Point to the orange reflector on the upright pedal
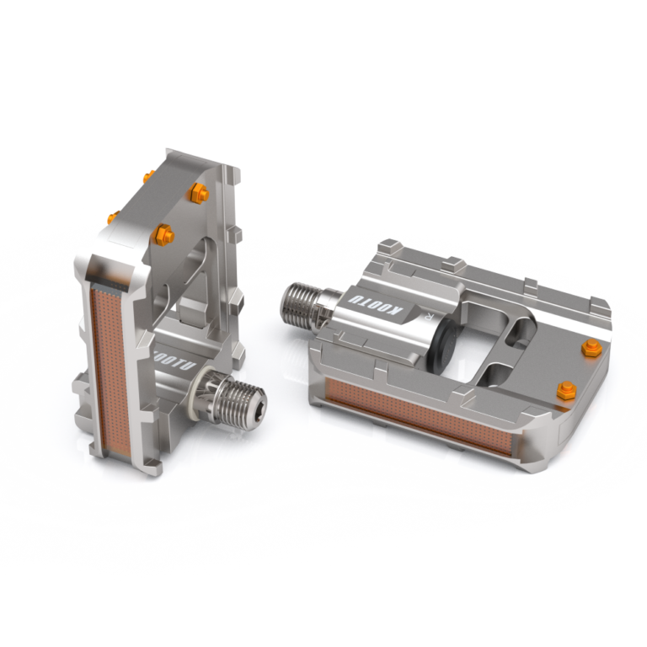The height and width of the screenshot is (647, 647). click(x=107, y=362)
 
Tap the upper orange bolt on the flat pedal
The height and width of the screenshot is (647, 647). click(x=591, y=346)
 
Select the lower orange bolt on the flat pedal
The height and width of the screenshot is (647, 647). click(x=567, y=389)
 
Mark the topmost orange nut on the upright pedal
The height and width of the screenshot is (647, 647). click(x=200, y=192)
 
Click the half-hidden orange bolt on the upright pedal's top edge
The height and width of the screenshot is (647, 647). click(x=148, y=177)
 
